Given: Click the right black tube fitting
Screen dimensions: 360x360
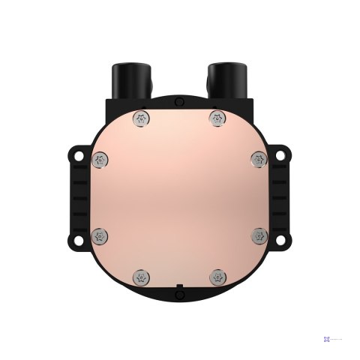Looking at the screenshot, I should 223,78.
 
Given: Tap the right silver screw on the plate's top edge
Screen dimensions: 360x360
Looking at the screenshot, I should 218,117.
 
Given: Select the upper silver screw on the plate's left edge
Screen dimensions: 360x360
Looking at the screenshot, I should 100,159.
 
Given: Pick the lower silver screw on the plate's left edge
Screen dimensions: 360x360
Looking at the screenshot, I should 100,237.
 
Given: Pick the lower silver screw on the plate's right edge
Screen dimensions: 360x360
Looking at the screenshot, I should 259,237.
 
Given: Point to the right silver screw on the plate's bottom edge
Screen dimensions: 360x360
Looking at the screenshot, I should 218,277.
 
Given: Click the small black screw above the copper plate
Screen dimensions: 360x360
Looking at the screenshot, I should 178,101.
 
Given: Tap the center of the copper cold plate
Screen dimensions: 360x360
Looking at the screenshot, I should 179,196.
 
